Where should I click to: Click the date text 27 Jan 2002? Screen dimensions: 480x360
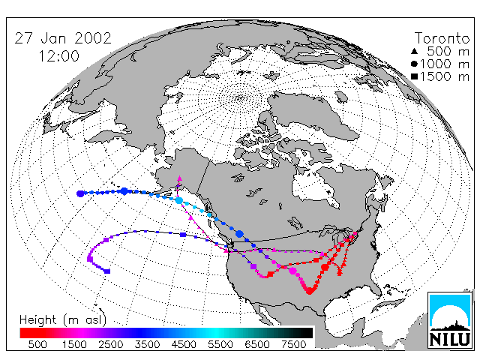[x=63, y=38]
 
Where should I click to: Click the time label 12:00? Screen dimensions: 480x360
[x=59, y=56]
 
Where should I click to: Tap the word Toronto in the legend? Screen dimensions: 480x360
[x=442, y=38]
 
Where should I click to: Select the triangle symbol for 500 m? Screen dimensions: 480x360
[x=414, y=51]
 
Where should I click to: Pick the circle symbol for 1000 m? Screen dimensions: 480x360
[x=414, y=64]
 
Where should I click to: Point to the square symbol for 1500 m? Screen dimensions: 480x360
[x=414, y=76]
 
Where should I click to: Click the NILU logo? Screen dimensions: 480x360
[x=450, y=320]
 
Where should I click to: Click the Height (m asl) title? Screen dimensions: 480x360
[x=63, y=320]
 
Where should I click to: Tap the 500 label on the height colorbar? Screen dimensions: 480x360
[x=37, y=344]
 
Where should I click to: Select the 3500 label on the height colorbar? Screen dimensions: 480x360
[x=147, y=344]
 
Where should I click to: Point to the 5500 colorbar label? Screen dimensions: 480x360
[x=220, y=344]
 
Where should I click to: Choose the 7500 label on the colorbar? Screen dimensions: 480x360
[x=293, y=344]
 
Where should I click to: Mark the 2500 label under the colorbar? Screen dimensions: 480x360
[x=111, y=344]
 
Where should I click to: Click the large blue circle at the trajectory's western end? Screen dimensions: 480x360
[x=80, y=193]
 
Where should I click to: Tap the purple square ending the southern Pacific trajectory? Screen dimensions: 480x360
[x=107, y=271]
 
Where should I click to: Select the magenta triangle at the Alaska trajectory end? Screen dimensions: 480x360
[x=180, y=178]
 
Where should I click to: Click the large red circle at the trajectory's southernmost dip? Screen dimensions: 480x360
[x=310, y=290]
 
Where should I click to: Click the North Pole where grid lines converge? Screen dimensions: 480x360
[x=240, y=98]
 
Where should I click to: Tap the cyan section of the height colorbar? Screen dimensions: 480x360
[x=214, y=333]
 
